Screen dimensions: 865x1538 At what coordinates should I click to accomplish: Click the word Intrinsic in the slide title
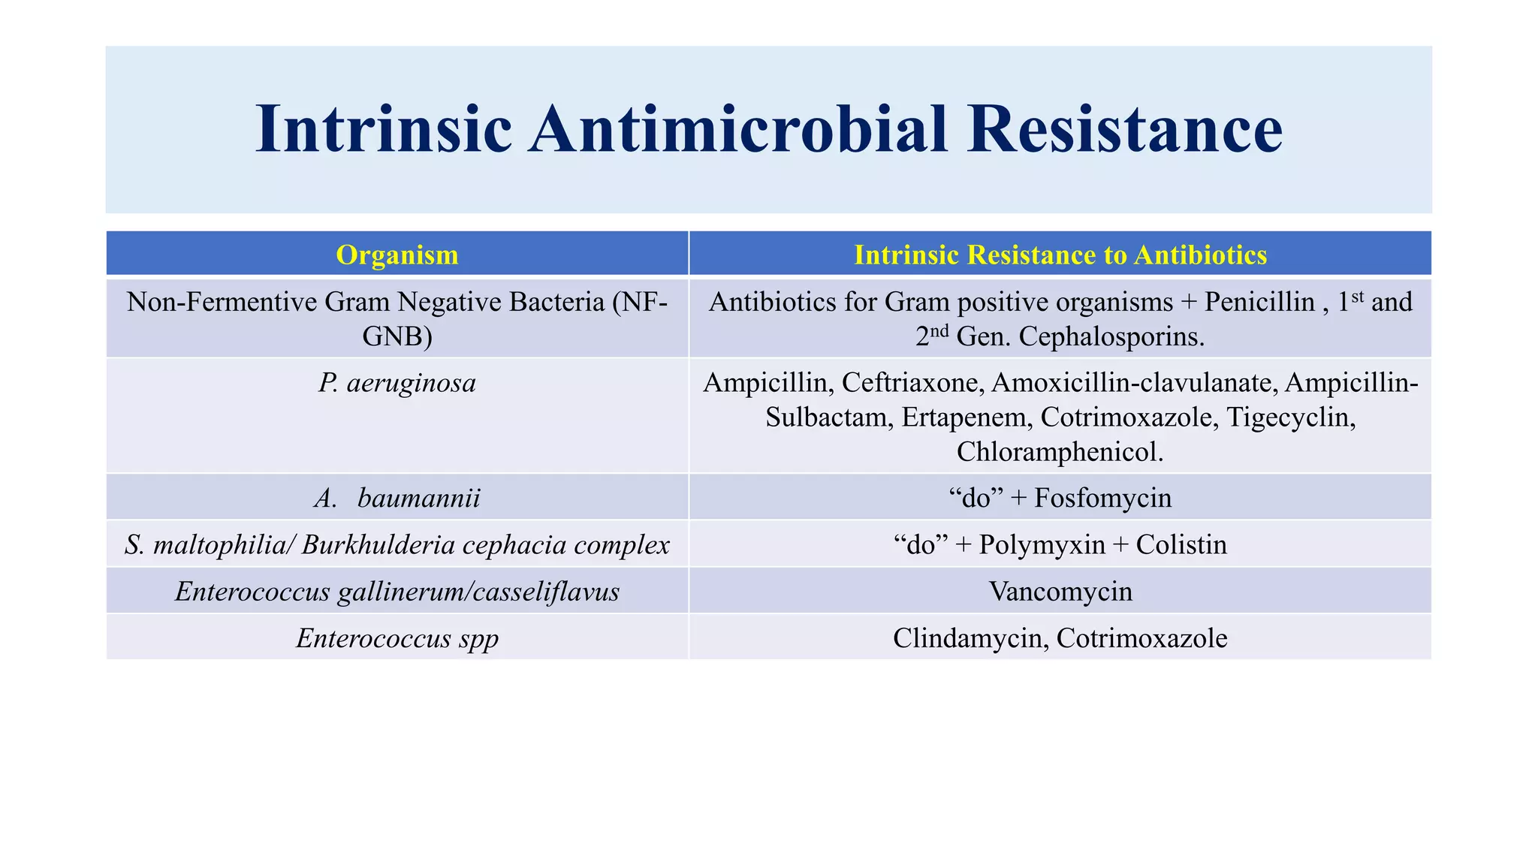tap(384, 129)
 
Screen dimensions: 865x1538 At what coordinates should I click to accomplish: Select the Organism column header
tap(397, 255)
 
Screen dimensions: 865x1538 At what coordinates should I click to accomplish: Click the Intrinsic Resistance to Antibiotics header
tap(1060, 255)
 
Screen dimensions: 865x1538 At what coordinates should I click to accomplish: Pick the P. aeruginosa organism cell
tap(397, 383)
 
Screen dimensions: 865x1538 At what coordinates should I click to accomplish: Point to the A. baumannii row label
tap(397, 498)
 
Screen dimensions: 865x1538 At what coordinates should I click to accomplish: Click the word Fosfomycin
tap(1102, 498)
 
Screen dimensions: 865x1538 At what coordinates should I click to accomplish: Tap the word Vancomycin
tap(1060, 592)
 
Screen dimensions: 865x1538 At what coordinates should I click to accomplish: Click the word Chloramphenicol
tap(1060, 451)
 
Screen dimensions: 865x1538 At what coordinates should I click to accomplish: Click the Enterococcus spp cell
tap(397, 638)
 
